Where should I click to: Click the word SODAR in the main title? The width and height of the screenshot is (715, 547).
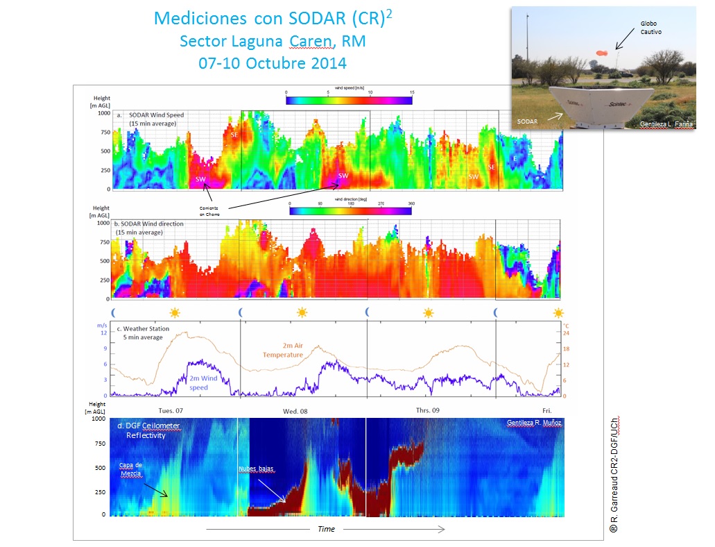(316, 18)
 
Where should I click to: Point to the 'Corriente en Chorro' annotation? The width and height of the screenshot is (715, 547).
(211, 212)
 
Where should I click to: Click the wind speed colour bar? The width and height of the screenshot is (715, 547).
(349, 100)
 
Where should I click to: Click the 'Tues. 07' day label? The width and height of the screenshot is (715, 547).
(171, 411)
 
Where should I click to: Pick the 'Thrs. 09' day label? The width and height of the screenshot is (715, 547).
(428, 411)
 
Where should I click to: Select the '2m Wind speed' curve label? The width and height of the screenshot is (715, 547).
(203, 382)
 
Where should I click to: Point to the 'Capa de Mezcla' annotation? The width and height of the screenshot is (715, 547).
(132, 469)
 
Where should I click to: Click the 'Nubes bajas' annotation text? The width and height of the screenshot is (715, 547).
(257, 469)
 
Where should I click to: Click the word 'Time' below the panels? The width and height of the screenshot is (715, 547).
(326, 529)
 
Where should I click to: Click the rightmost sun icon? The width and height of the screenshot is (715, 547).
(558, 312)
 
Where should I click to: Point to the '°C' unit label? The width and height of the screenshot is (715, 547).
(566, 323)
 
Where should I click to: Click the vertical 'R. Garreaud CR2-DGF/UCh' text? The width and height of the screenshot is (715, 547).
(614, 474)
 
